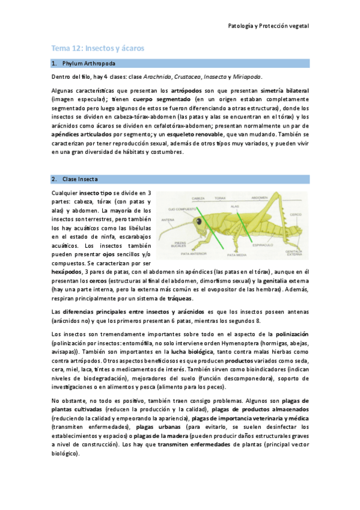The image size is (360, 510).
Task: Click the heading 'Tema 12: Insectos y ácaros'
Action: tap(97, 48)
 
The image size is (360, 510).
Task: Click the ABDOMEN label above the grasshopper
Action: tap(259, 197)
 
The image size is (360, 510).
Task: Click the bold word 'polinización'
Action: tap(291, 333)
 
